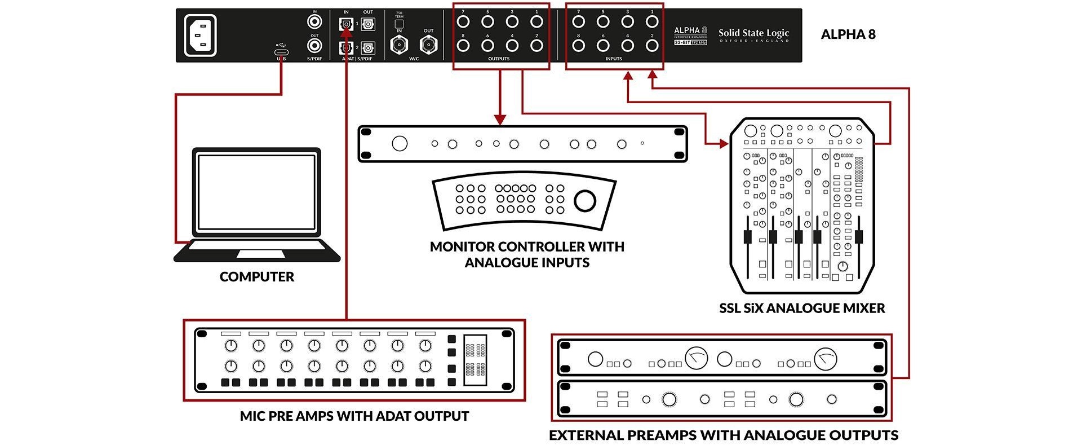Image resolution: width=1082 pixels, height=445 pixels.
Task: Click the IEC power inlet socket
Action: (200, 35)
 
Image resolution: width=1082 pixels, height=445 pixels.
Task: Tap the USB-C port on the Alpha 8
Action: (281, 51)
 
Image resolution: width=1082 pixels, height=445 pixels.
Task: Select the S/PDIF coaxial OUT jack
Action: (314, 45)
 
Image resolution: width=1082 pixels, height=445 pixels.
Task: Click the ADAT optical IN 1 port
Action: (345, 24)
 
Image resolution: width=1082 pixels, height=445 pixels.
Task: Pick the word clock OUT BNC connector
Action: (428, 45)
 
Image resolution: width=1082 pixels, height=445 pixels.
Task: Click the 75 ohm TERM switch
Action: (399, 24)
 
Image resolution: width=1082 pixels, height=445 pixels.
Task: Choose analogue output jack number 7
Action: (463, 22)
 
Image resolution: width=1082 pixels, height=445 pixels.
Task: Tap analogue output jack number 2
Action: (536, 46)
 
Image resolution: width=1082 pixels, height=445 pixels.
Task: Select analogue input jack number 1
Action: (652, 22)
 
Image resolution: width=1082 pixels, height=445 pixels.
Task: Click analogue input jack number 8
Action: (578, 46)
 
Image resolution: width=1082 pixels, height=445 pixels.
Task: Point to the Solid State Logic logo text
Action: (753, 33)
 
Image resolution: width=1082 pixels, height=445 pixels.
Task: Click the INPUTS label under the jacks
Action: (614, 59)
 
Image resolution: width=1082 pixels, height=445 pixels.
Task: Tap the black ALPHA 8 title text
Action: (848, 34)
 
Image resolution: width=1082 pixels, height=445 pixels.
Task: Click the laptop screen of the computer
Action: (256, 192)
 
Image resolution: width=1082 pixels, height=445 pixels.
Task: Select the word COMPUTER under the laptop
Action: (257, 277)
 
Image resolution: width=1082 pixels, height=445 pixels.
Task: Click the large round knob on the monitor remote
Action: (584, 200)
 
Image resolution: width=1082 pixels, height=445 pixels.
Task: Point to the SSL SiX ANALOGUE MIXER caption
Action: (802, 308)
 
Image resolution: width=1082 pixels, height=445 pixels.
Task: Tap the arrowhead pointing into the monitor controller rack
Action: (500, 120)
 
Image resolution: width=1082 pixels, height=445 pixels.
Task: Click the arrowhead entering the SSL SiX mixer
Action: (724, 144)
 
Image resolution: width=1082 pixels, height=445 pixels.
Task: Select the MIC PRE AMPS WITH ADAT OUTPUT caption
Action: (354, 416)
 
